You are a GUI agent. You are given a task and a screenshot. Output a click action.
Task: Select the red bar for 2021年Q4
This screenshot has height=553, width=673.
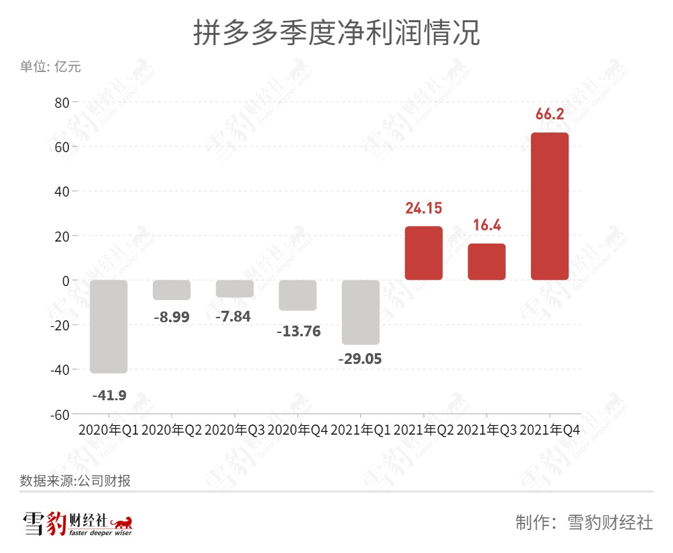click(549, 206)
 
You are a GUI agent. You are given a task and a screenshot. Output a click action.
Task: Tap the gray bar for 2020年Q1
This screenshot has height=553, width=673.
click(108, 326)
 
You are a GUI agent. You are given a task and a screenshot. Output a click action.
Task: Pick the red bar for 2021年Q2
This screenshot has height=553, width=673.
click(423, 253)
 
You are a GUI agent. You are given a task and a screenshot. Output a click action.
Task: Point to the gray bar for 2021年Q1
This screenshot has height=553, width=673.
click(360, 312)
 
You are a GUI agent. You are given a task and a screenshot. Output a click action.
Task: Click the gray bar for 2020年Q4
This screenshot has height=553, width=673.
click(297, 295)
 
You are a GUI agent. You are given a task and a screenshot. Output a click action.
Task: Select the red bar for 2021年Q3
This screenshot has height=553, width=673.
click(487, 262)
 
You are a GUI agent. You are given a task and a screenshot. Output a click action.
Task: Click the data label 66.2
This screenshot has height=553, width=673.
click(549, 114)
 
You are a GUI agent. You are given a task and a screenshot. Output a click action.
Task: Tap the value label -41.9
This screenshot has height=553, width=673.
click(109, 395)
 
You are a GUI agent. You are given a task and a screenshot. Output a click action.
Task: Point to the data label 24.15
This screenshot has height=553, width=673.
click(423, 208)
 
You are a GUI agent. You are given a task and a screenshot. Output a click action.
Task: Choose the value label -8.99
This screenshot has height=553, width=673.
click(172, 316)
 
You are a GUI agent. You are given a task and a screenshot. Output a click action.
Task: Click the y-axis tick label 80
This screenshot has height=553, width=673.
click(62, 102)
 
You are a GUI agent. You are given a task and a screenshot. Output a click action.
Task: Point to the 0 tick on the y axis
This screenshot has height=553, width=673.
click(65, 281)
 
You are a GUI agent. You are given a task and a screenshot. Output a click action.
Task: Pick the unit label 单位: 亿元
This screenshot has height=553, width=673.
click(50, 67)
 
